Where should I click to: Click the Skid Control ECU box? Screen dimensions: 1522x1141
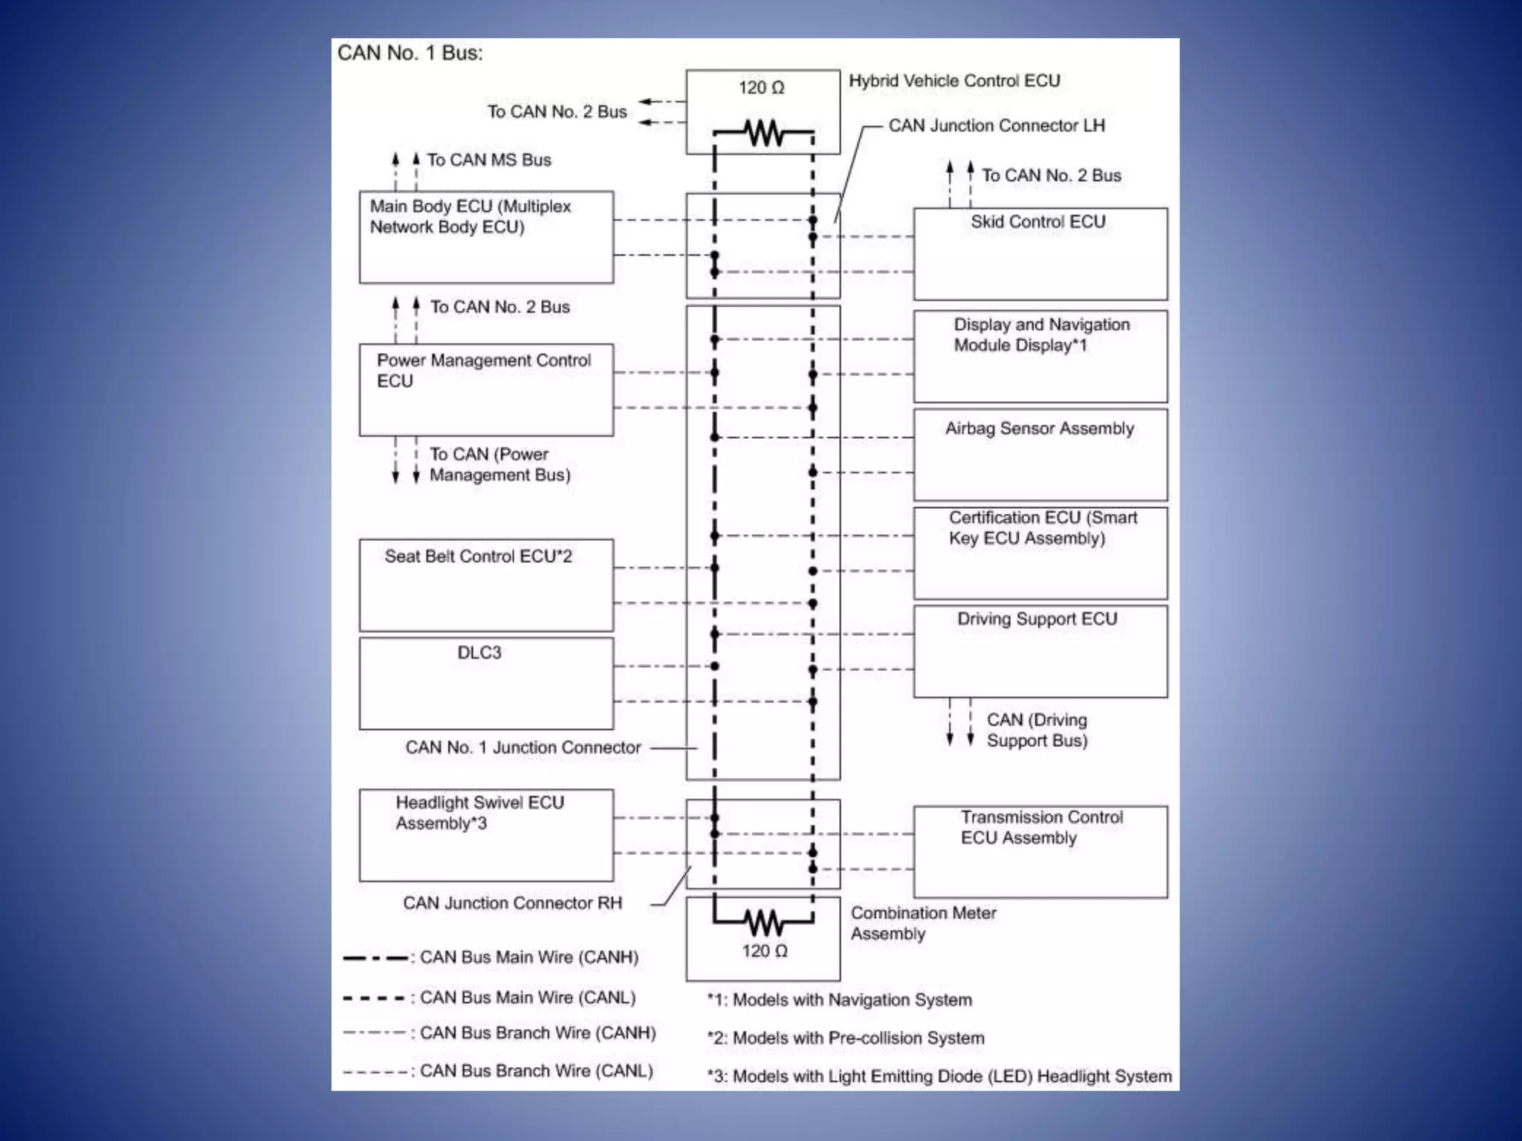click(x=1040, y=253)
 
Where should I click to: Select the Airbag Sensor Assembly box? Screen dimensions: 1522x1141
click(x=1040, y=455)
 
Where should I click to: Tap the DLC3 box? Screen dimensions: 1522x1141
click(x=486, y=683)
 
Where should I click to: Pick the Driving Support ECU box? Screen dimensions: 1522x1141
click(x=1040, y=651)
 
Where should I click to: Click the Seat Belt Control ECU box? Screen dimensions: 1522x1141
click(x=486, y=585)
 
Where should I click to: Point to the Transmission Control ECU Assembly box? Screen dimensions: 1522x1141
click(x=1040, y=851)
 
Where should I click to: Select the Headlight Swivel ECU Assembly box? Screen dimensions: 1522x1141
click(x=486, y=835)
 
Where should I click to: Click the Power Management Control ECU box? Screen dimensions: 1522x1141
click(x=486, y=389)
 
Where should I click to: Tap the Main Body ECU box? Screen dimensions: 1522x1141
click(x=486, y=237)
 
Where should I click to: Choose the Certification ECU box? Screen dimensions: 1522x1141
click(x=1040, y=553)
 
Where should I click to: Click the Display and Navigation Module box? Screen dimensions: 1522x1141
click(x=1040, y=357)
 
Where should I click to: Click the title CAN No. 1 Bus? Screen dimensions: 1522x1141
click(x=409, y=53)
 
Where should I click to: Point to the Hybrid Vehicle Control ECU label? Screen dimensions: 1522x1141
click(x=954, y=81)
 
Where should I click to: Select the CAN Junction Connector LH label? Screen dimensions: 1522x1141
click(x=997, y=126)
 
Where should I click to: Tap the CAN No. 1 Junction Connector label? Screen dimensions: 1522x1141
click(x=522, y=747)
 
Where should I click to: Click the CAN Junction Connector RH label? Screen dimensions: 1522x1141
click(x=512, y=903)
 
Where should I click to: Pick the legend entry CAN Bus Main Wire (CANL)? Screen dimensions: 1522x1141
click(x=527, y=998)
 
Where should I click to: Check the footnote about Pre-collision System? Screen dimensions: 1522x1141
click(x=846, y=1038)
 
